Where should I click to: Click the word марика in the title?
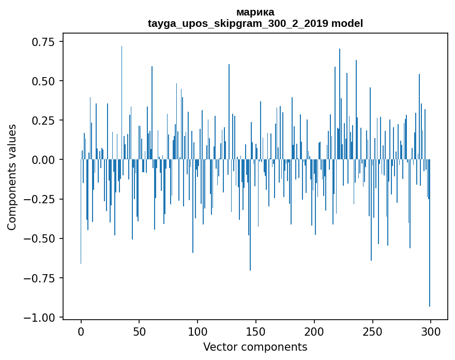(255, 12)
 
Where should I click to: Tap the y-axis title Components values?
(12, 177)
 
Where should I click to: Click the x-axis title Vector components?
(255, 347)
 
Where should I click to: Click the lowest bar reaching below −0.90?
(430, 259)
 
